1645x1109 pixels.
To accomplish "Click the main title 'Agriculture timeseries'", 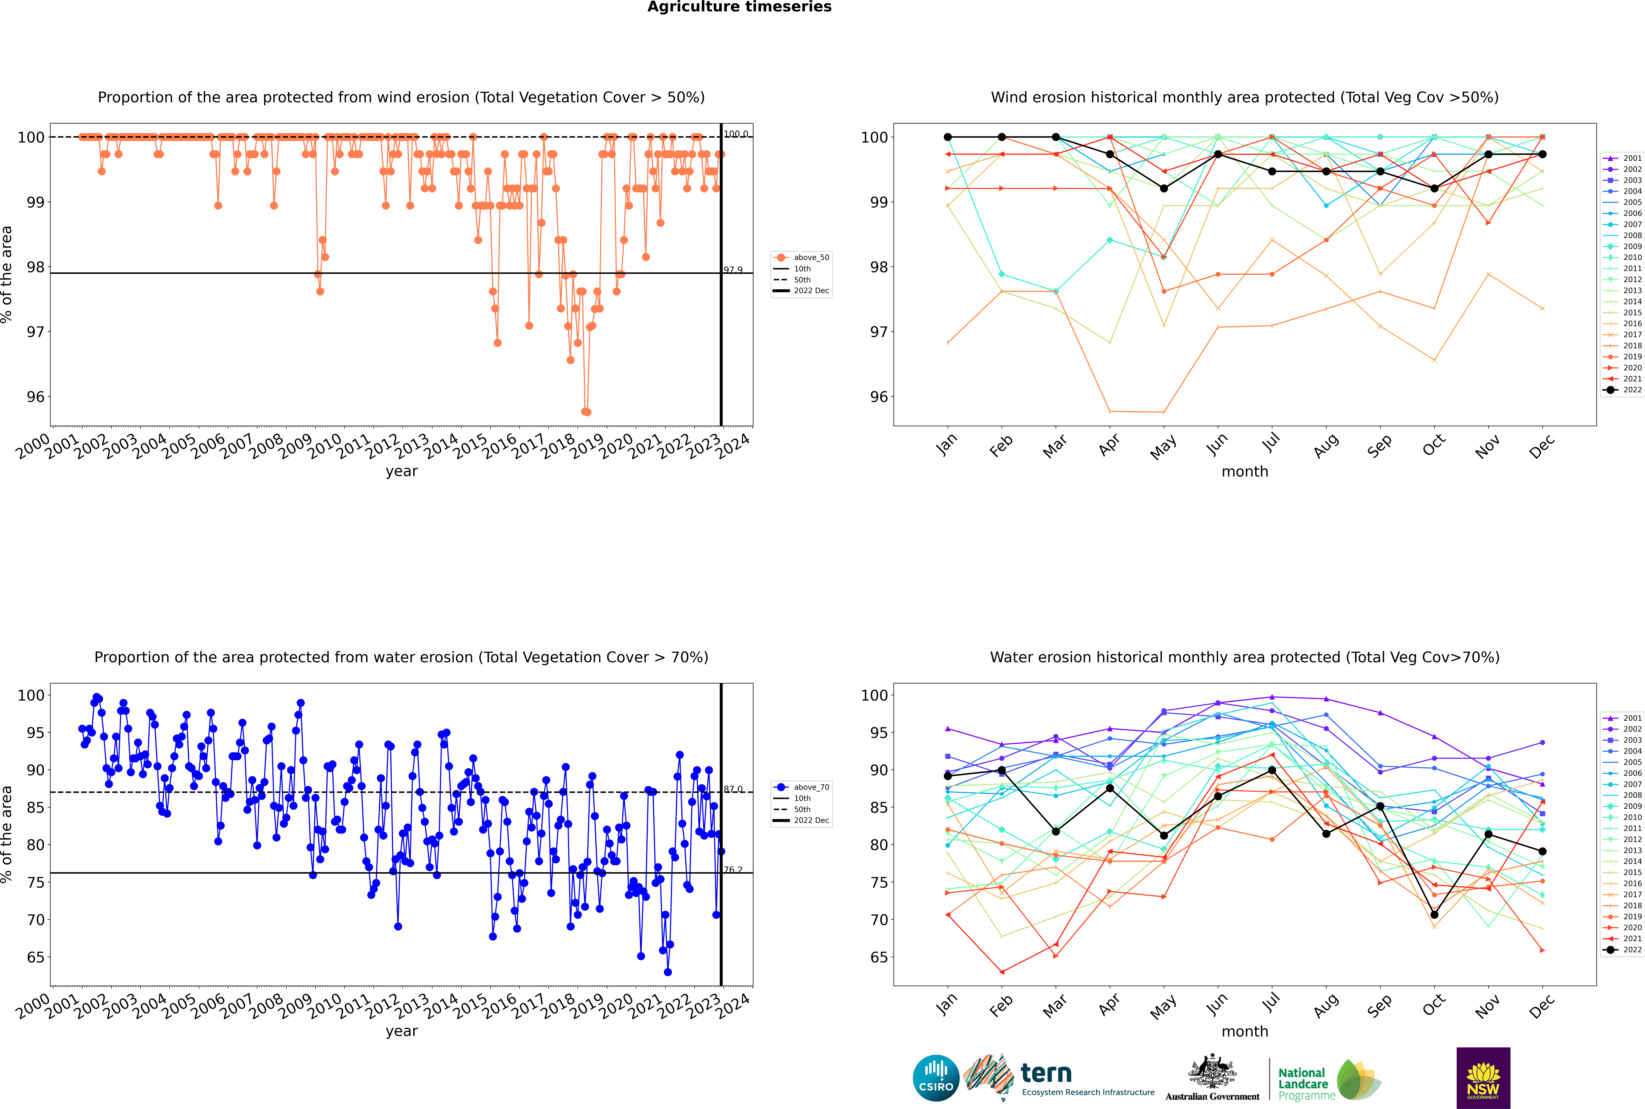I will [x=739, y=7].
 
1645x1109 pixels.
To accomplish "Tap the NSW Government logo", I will [x=1483, y=1077].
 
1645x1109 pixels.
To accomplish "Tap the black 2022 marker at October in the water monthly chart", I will [x=1434, y=915].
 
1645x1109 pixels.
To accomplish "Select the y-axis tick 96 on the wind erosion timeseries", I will [x=35, y=397].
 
